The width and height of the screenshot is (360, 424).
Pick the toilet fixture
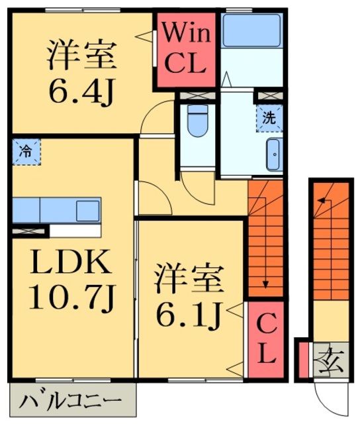197,123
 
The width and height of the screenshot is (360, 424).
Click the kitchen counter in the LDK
56,210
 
